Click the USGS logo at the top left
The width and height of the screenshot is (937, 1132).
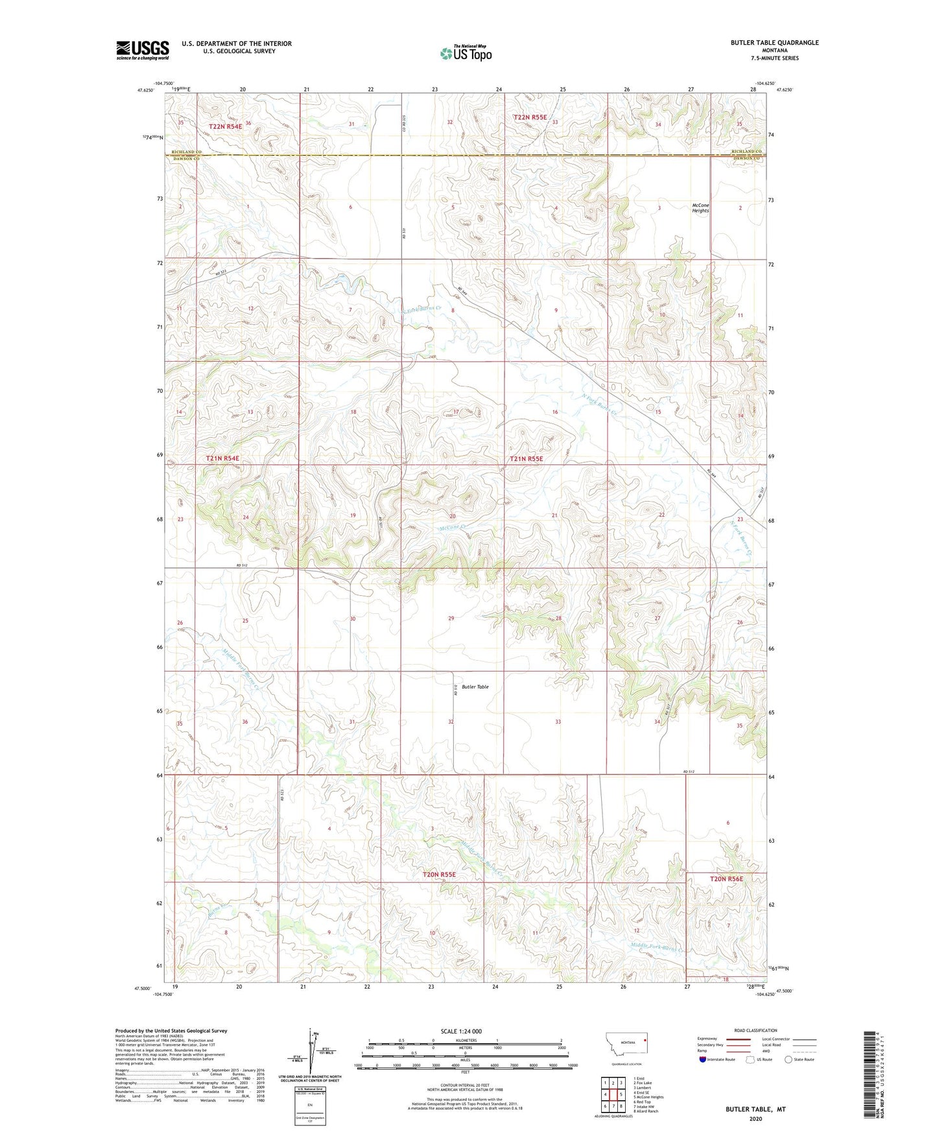click(x=142, y=50)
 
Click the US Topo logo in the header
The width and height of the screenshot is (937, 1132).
click(x=466, y=53)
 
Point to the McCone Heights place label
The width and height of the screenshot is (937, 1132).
click(x=700, y=207)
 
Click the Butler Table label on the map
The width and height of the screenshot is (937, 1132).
click(x=475, y=687)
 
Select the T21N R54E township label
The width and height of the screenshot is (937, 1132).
click(x=222, y=458)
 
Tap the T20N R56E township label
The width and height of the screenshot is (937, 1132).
click(x=726, y=878)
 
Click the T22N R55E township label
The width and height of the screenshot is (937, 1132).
click(x=530, y=117)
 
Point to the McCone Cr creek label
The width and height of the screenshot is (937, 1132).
click(x=453, y=528)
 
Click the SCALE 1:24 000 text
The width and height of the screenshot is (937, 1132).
click(x=460, y=1031)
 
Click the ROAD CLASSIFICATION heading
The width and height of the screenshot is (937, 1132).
click(x=755, y=1030)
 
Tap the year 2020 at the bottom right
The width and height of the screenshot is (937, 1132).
click(x=755, y=1118)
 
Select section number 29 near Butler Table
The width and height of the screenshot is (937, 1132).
click(x=451, y=619)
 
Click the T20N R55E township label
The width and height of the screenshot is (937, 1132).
click(x=439, y=875)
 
